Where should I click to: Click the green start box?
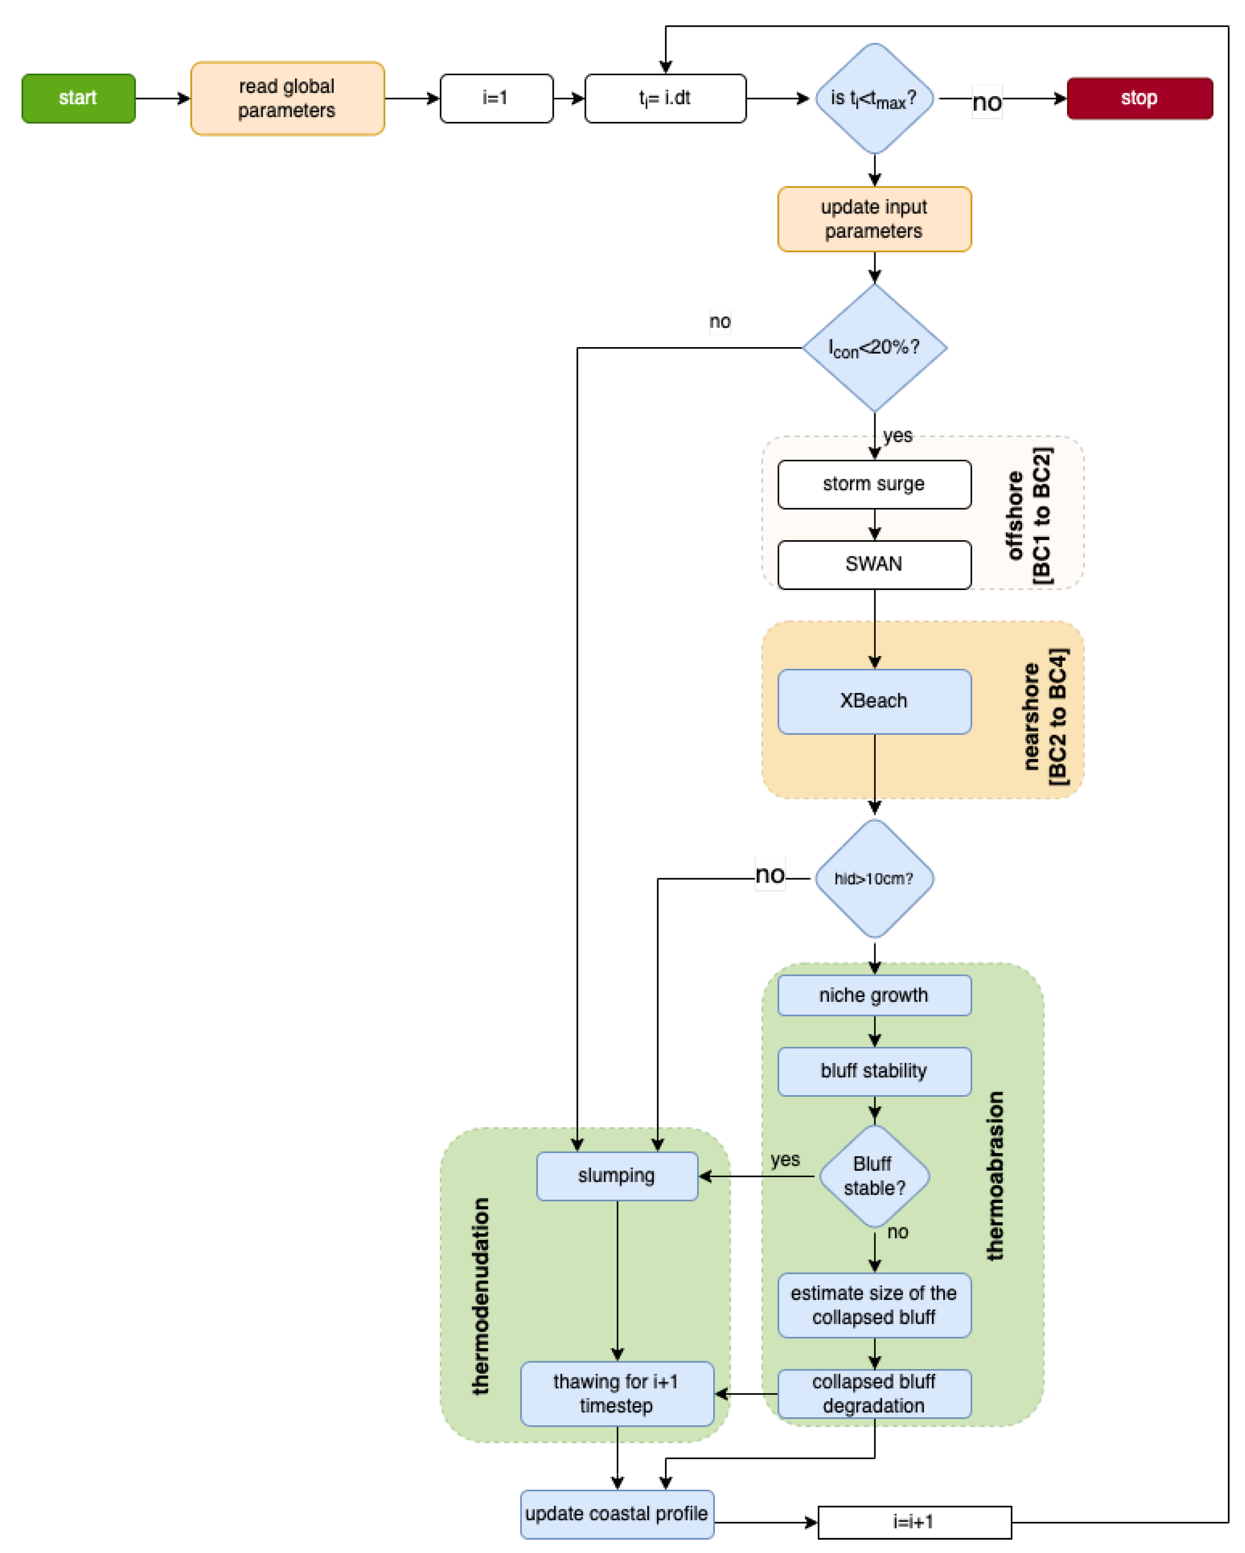[78, 98]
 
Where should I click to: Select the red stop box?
[1139, 98]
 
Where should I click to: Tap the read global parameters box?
[287, 98]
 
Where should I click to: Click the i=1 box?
[496, 98]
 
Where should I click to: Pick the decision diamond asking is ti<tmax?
[874, 98]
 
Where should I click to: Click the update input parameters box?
[874, 219]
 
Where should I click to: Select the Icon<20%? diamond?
[874, 348]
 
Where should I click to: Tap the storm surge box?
[874, 484]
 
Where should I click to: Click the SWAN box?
[874, 564]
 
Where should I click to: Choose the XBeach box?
[874, 701]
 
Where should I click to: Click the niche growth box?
[874, 995]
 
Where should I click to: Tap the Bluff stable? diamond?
[874, 1176]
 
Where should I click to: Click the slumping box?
[617, 1176]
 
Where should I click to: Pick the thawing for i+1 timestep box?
[617, 1393]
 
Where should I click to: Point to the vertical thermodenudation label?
[480, 1297]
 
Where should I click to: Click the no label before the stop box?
[987, 102]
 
